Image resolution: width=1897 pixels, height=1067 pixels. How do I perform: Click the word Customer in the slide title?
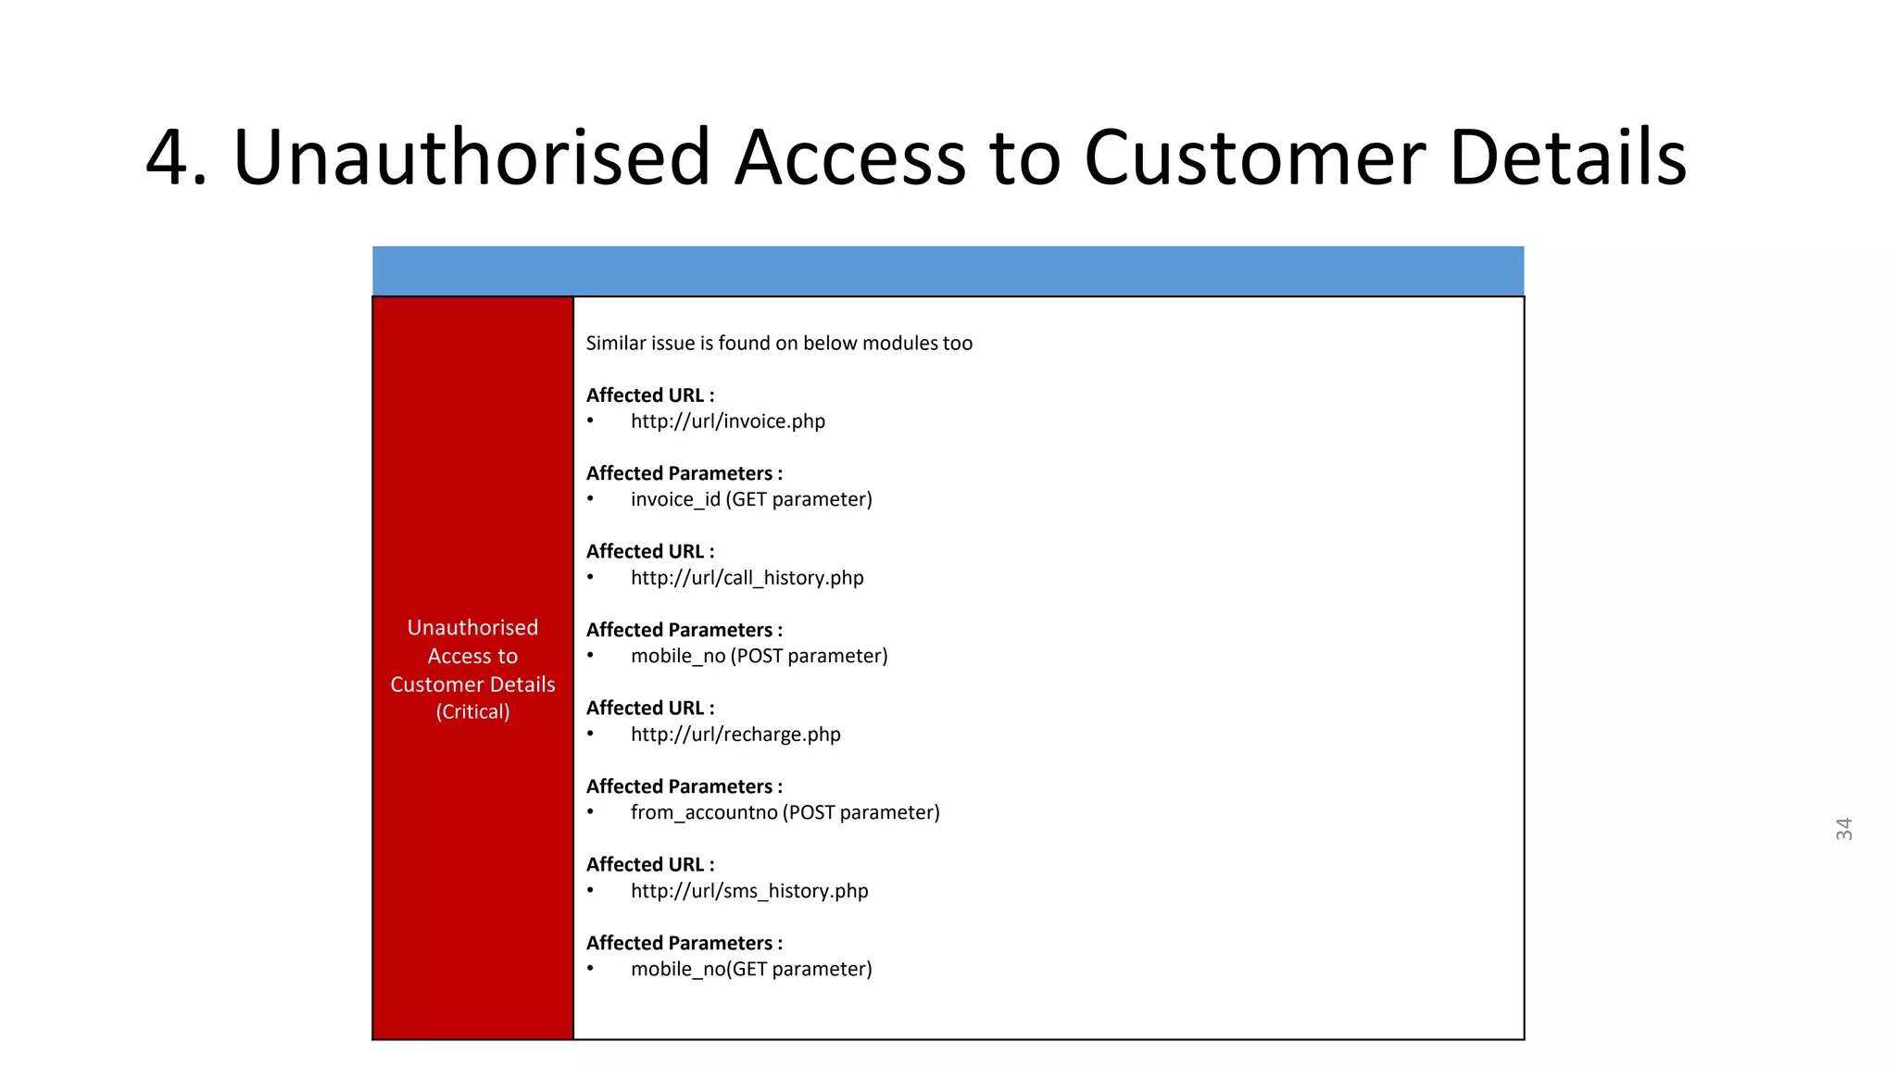click(1254, 158)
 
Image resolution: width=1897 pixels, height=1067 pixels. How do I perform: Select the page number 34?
click(1843, 829)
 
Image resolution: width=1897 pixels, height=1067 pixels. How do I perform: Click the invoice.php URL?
click(727, 421)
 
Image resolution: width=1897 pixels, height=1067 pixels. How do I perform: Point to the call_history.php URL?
click(747, 578)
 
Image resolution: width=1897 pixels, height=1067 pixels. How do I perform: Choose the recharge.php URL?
click(735, 734)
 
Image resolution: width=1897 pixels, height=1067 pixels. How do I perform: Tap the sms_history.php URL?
click(749, 891)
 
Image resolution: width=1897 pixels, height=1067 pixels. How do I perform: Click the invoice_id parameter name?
click(675, 500)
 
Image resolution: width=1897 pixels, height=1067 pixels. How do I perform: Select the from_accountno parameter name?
click(704, 812)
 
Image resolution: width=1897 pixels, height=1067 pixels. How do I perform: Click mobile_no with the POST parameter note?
click(759, 656)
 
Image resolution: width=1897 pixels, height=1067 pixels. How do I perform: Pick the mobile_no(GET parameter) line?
click(751, 969)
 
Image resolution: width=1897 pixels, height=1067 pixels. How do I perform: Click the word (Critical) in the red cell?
click(472, 712)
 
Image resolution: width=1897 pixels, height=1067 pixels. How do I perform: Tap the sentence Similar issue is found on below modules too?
click(779, 344)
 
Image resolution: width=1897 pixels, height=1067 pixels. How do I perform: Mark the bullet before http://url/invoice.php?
click(591, 421)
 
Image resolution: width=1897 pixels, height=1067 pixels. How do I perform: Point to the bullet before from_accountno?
click(591, 812)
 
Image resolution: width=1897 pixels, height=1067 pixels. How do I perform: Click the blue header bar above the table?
click(948, 270)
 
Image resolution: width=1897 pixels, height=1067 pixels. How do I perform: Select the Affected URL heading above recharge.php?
click(650, 709)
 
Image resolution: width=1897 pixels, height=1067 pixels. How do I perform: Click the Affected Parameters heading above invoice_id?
click(684, 473)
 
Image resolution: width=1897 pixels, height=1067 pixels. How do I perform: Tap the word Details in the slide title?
click(1567, 158)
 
